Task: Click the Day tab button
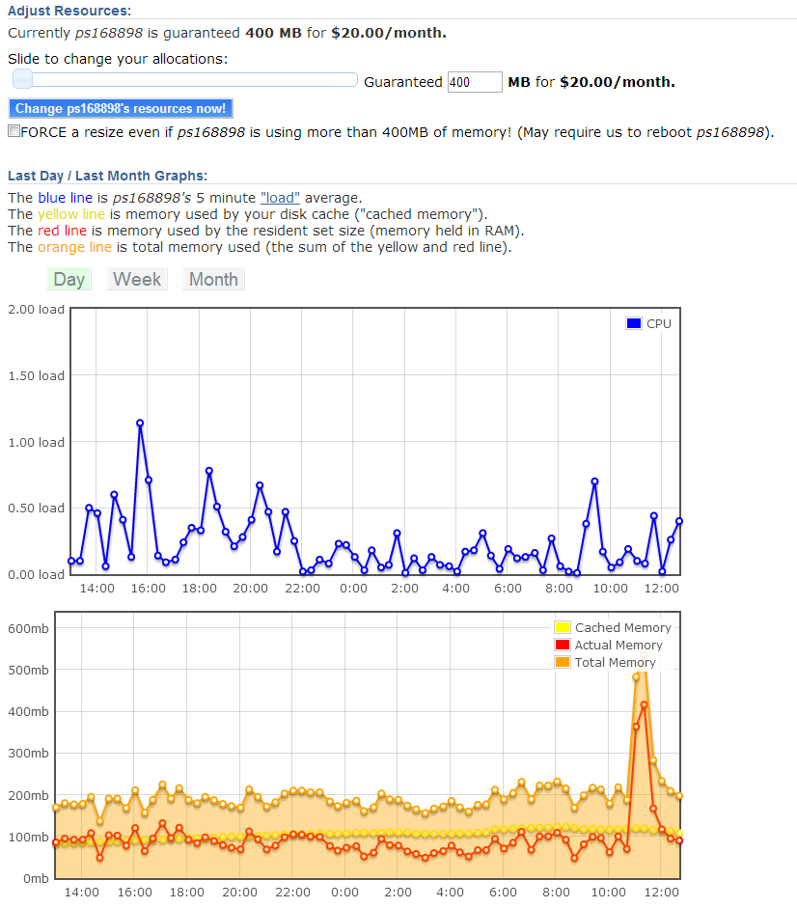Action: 69,279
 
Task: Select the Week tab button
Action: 137,279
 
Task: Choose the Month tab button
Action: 213,279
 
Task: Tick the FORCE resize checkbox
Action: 14,131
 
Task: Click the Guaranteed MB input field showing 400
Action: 475,82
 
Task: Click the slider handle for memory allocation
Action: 22,79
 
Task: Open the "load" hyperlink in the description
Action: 281,198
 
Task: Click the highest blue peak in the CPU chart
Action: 140,424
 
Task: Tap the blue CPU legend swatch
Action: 634,323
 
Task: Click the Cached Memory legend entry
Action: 613,628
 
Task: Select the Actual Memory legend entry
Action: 609,646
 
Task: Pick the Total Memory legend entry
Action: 605,663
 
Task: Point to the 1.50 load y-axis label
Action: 36,375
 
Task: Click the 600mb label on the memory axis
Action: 28,629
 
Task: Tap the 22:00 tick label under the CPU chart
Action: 302,589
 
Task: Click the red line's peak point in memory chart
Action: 645,704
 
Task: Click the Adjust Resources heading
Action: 69,11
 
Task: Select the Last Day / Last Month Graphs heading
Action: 107,176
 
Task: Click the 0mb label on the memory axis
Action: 36,879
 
